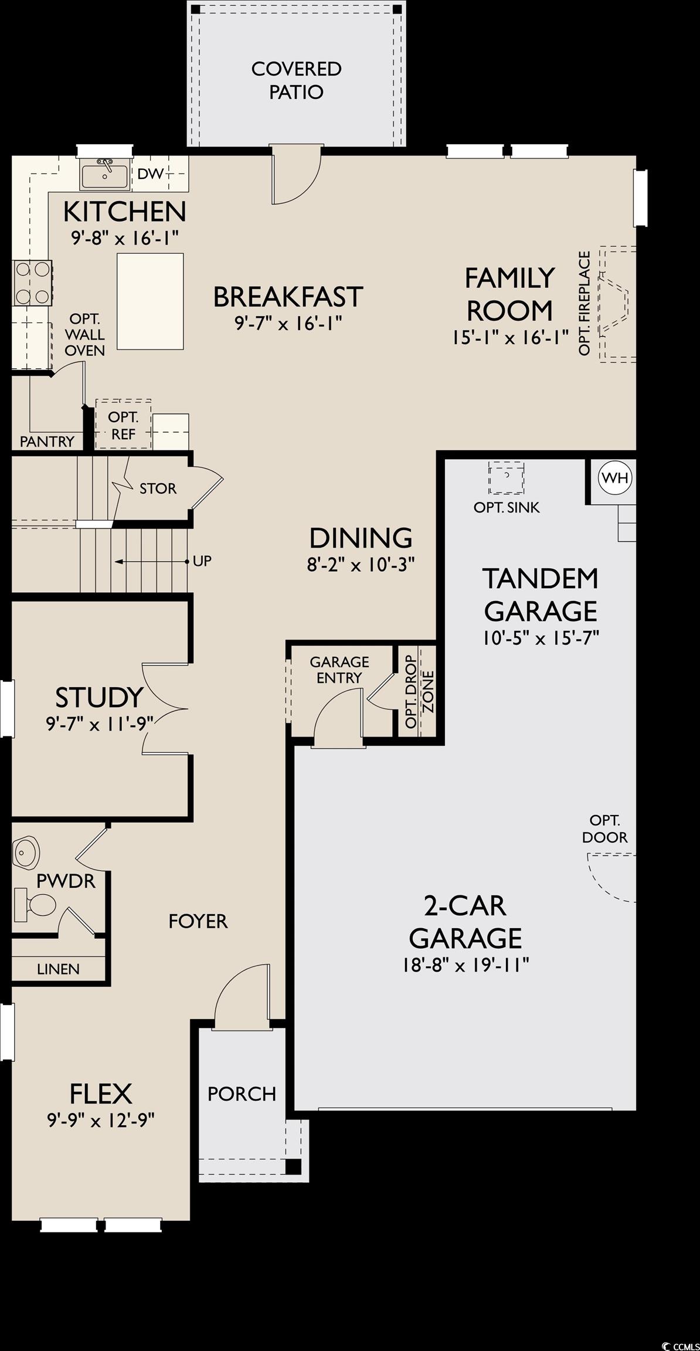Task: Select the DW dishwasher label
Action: coord(150,174)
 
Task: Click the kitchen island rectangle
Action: coord(150,301)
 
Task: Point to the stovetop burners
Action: coord(32,283)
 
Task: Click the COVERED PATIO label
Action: coord(296,80)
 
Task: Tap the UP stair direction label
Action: coord(202,561)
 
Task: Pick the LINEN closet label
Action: coord(58,969)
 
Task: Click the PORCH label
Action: coord(242,1094)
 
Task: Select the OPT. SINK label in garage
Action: coord(507,507)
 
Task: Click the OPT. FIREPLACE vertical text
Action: coord(584,303)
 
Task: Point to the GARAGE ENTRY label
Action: coord(339,670)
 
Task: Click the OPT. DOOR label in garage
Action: coord(604,829)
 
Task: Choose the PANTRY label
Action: coord(47,442)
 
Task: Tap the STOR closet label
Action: coord(158,488)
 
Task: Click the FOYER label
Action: coord(198,921)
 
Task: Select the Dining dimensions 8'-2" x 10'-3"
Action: coord(361,565)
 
